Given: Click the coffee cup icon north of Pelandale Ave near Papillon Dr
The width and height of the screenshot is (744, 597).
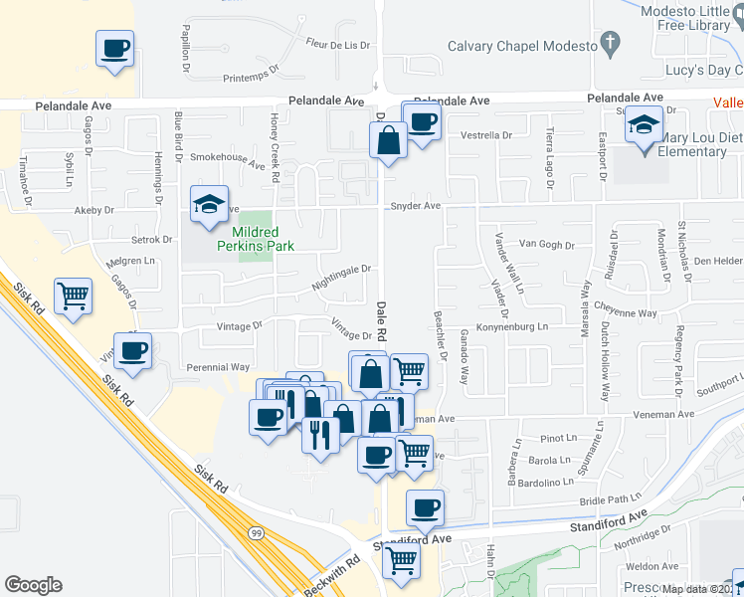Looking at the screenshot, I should (114, 48).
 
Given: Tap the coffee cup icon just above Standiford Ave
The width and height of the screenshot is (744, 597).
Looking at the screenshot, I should (425, 507).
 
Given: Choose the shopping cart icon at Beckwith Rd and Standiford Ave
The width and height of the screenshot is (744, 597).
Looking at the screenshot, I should (401, 559).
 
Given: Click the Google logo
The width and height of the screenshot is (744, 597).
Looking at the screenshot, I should (34, 584).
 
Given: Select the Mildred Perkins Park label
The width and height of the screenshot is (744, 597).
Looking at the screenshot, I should (257, 237).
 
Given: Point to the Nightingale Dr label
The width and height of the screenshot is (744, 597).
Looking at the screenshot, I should (341, 269).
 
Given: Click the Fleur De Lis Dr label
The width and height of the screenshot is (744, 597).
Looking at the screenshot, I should (338, 44).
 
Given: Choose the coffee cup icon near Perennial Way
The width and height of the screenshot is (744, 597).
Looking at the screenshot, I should (132, 350).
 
